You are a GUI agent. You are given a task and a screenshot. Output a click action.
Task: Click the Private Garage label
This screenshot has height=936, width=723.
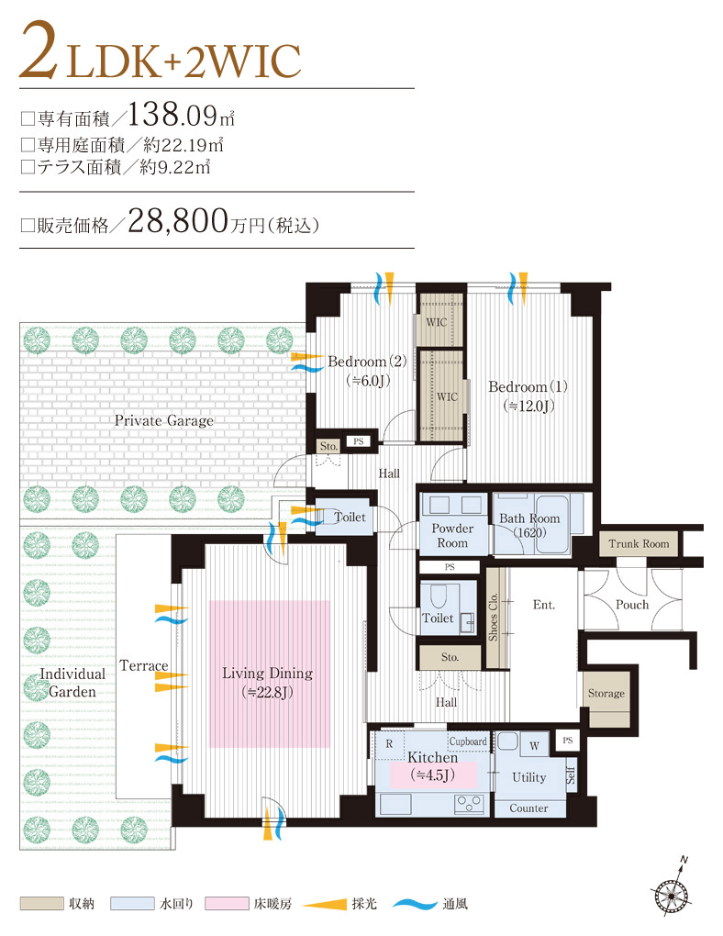pyautogui.click(x=163, y=420)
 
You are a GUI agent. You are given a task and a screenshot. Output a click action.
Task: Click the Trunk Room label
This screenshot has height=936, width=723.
pyautogui.click(x=639, y=543)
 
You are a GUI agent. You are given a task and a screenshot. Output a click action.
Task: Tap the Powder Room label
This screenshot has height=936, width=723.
pyautogui.click(x=452, y=536)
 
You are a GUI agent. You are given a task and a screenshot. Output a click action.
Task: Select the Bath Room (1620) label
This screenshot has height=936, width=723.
pyautogui.click(x=529, y=526)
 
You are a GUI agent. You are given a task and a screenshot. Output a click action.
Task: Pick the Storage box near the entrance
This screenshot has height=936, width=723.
pyautogui.click(x=606, y=694)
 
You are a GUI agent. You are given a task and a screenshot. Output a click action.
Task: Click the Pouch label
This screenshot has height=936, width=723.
pyautogui.click(x=631, y=604)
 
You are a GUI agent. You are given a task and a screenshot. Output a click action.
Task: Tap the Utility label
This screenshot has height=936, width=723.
pyautogui.click(x=528, y=777)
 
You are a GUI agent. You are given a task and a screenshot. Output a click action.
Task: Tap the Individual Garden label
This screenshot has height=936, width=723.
pyautogui.click(x=72, y=682)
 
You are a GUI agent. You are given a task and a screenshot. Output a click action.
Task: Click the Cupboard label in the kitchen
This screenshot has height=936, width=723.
pyautogui.click(x=468, y=741)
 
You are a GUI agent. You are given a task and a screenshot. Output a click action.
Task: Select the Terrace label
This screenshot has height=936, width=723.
pyautogui.click(x=143, y=665)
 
